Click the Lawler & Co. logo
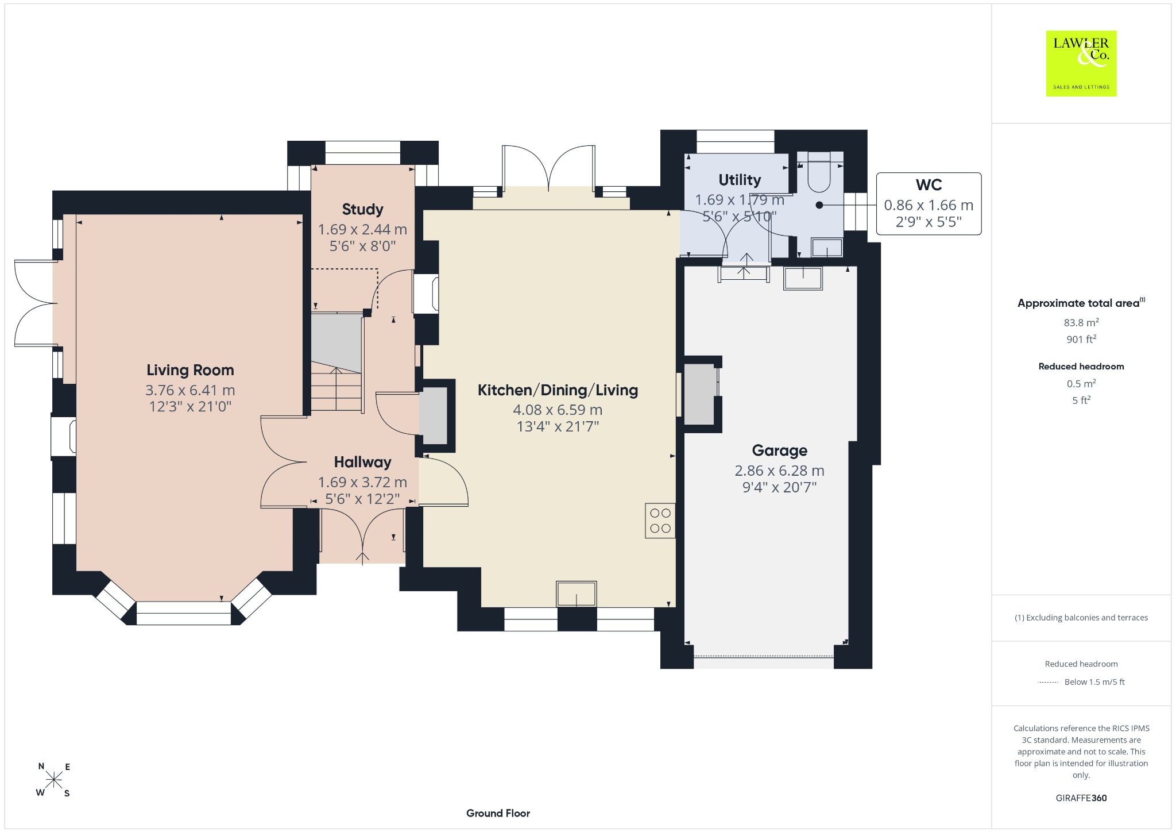pos(1081,63)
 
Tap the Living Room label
pos(190,370)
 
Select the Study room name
pos(362,209)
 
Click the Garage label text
pos(779,450)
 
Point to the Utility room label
pos(740,180)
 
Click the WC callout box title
pos(929,184)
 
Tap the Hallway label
pos(362,462)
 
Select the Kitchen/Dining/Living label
pos(558,390)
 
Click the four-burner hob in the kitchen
pos(660,521)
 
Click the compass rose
pos(54,780)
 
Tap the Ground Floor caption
pos(498,813)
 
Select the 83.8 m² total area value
pos(1081,322)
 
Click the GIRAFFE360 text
pos(1081,798)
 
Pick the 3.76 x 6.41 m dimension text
pos(190,390)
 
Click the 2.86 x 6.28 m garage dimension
pos(779,471)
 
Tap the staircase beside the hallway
pos(337,362)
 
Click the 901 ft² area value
pos(1081,339)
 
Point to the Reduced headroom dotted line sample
pos(1048,683)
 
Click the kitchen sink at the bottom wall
pos(576,594)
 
